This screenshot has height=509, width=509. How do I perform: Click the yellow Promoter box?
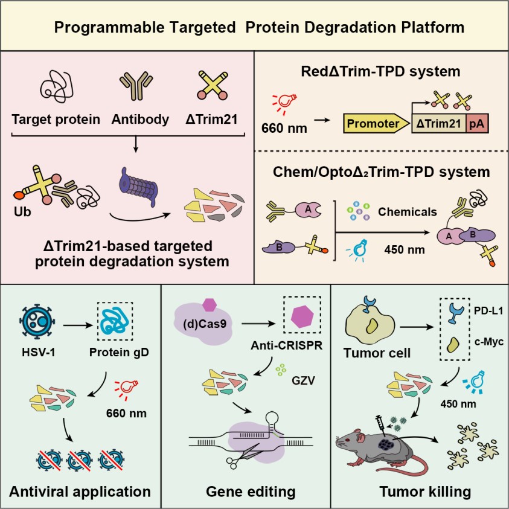point(373,125)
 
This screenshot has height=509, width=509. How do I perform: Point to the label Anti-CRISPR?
point(291,347)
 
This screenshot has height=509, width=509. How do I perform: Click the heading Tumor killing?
point(424,491)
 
